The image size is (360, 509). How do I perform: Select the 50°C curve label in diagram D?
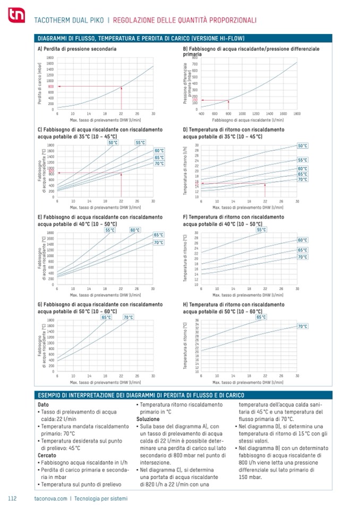pyautogui.click(x=303, y=145)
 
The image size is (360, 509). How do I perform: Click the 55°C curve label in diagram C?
pyautogui.click(x=140, y=142)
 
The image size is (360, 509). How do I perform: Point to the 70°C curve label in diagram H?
pyautogui.click(x=303, y=326)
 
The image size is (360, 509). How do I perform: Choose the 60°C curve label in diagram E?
pyautogui.click(x=135, y=230)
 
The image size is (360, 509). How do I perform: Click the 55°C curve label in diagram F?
pyautogui.click(x=262, y=230)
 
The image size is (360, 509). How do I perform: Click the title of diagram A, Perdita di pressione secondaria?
pyautogui.click(x=78, y=49)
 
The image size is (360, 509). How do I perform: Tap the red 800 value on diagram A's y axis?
pyautogui.click(x=50, y=87)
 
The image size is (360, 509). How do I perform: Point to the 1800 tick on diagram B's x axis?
pyautogui.click(x=297, y=114)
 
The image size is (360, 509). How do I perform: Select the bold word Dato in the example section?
pyautogui.click(x=44, y=405)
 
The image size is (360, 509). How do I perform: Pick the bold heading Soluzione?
pyautogui.click(x=148, y=419)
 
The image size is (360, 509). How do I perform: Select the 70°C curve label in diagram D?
pyautogui.click(x=303, y=179)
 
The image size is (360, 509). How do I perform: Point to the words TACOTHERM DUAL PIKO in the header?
pyautogui.click(x=68, y=20)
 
